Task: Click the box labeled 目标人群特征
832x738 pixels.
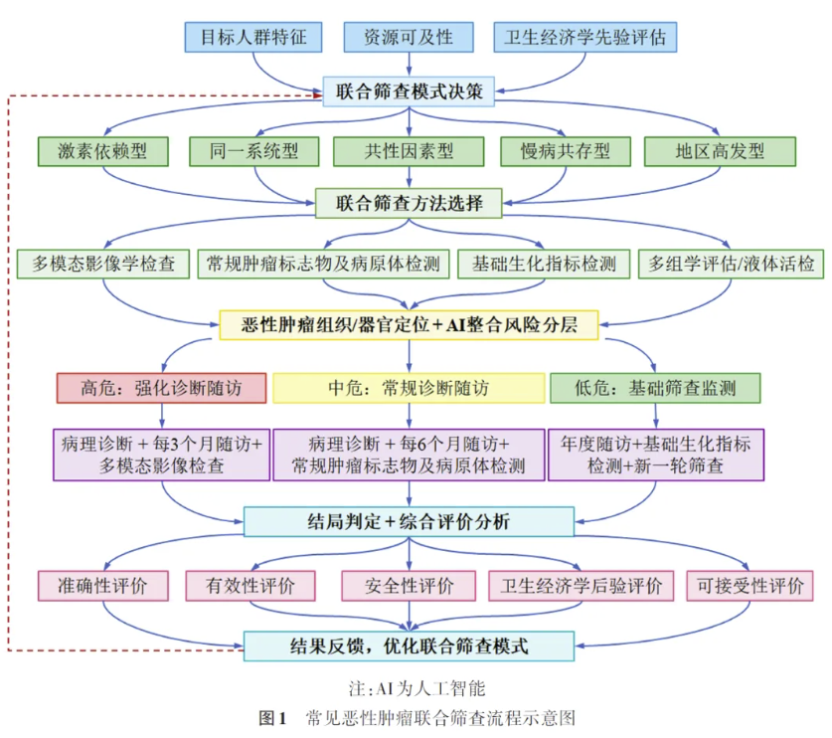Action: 253,38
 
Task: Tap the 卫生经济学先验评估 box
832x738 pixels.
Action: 584,38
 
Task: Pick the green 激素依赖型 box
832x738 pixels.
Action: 102,151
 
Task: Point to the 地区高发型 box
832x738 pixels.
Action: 720,151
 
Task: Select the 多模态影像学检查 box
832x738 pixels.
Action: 103,264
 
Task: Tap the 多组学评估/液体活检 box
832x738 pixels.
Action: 731,264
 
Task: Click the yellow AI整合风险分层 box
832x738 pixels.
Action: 409,324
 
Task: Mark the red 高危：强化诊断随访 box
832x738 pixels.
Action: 161,387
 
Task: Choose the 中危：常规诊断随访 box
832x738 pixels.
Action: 409,387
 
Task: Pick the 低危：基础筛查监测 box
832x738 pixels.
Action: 655,387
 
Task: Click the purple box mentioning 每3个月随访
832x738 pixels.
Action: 161,454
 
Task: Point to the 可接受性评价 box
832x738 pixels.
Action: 749,586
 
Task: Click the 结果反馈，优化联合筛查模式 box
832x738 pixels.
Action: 409,646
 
